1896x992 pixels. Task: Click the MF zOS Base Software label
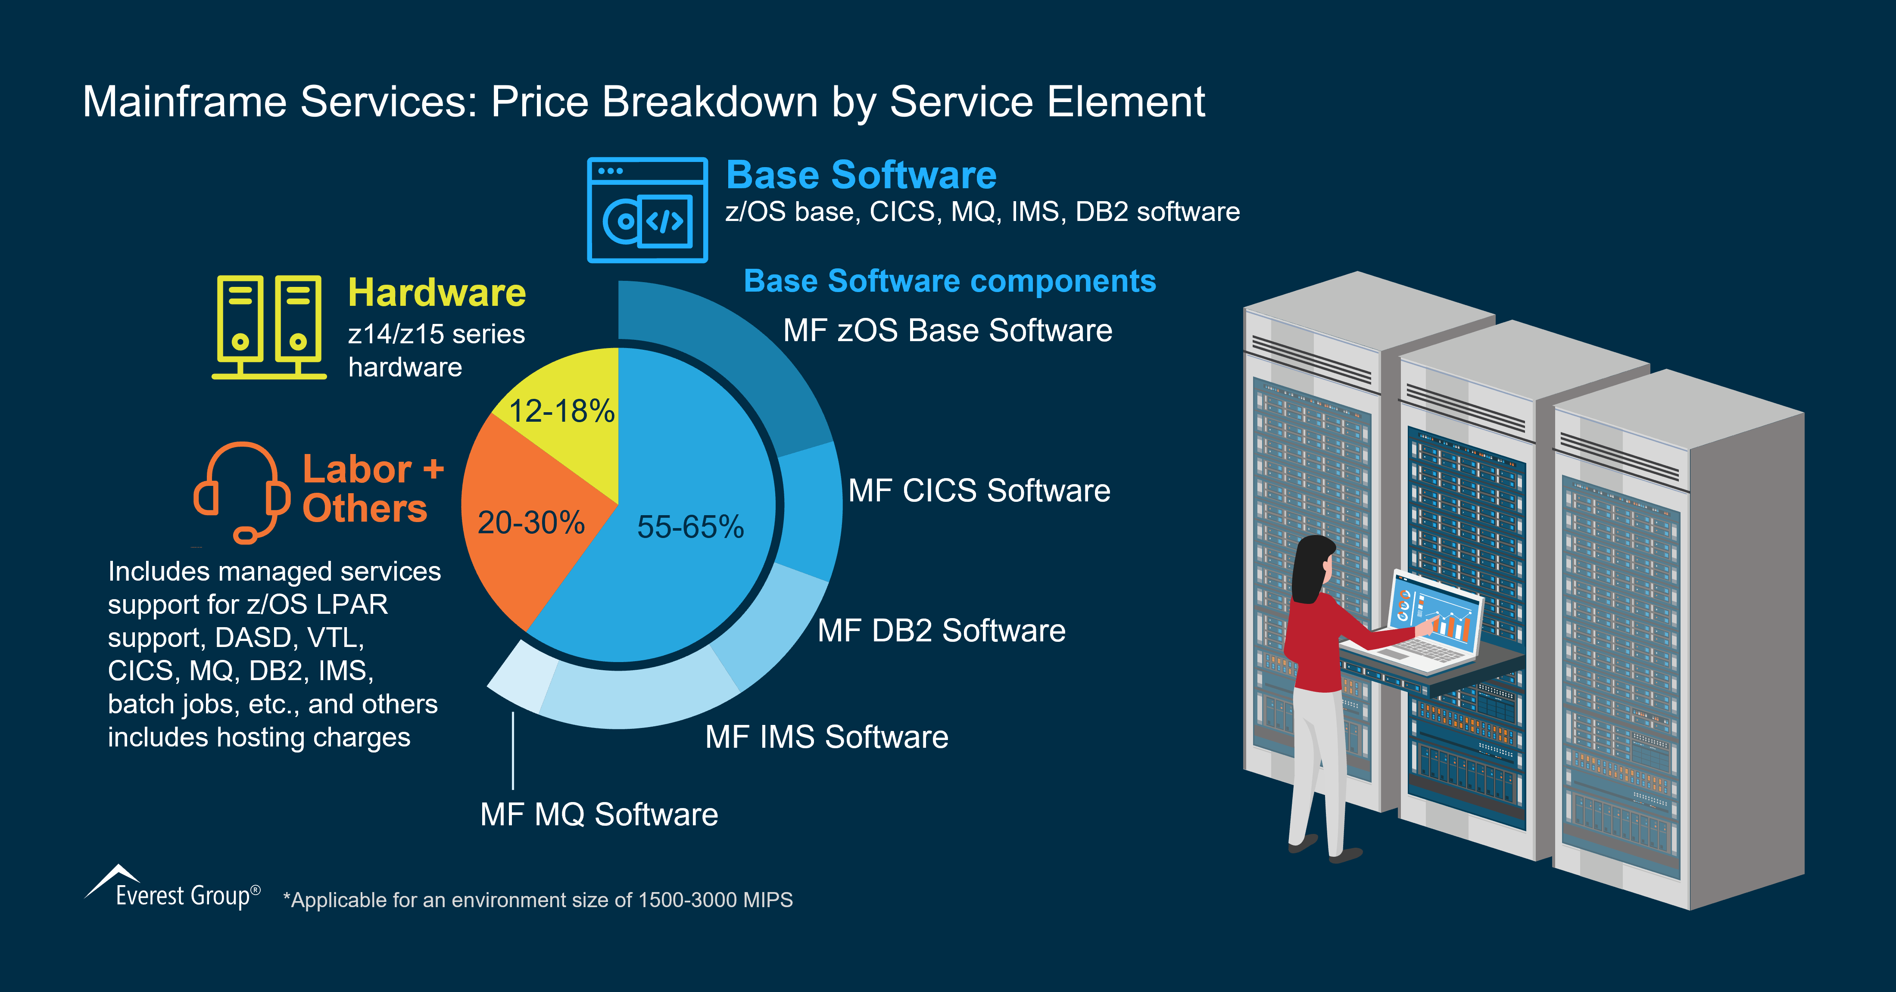(x=947, y=330)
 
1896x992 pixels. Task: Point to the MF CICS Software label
(x=979, y=491)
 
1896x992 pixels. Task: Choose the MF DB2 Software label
(x=942, y=631)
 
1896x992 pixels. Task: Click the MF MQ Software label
(x=599, y=815)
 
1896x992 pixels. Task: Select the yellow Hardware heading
(x=437, y=293)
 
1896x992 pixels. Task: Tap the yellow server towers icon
(x=268, y=327)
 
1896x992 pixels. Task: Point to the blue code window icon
(x=647, y=210)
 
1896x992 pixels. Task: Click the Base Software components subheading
(x=949, y=281)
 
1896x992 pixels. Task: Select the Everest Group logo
(x=173, y=889)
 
